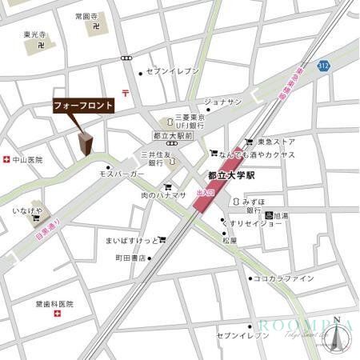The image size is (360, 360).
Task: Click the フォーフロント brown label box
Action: pyautogui.click(x=83, y=105)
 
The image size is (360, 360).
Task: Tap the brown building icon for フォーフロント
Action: pyautogui.click(x=86, y=144)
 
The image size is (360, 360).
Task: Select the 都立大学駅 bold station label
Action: pyautogui.click(x=230, y=174)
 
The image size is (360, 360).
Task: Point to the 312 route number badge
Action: pyautogui.click(x=323, y=64)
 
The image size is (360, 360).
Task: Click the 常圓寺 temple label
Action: pyautogui.click(x=86, y=16)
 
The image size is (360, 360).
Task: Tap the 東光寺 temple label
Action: pyautogui.click(x=36, y=34)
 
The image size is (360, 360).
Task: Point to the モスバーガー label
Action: pyautogui.click(x=122, y=174)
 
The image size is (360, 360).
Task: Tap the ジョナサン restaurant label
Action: pyautogui.click(x=223, y=102)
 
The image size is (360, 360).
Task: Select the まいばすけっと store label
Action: pyautogui.click(x=130, y=240)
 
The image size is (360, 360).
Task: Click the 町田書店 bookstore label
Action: pyautogui.click(x=130, y=258)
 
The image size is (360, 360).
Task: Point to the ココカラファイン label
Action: pyautogui.click(x=283, y=278)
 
